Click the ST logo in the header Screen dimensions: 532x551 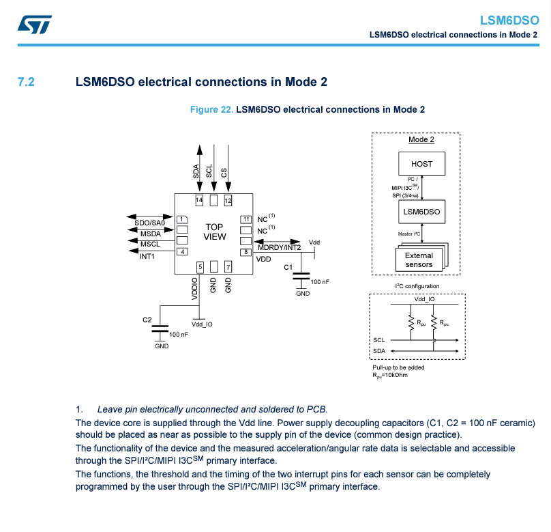pos(33,25)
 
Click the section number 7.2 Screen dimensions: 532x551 pos(26,82)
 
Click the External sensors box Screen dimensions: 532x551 pos(419,260)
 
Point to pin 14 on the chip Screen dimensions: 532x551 pos(199,201)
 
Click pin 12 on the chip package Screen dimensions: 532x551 pos(228,201)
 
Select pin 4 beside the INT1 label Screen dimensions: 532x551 pos(182,252)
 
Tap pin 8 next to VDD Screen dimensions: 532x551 pos(245,253)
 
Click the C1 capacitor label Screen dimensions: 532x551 pos(288,267)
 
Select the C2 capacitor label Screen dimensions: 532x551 pos(147,320)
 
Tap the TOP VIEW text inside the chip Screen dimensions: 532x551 pos(214,232)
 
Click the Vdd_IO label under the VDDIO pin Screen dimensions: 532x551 pos(202,324)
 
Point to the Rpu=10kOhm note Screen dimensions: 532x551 pos(389,375)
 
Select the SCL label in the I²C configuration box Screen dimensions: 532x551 pos(379,339)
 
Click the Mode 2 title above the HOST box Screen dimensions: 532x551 pos(421,139)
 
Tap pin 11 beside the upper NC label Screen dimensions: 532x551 pos(245,219)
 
